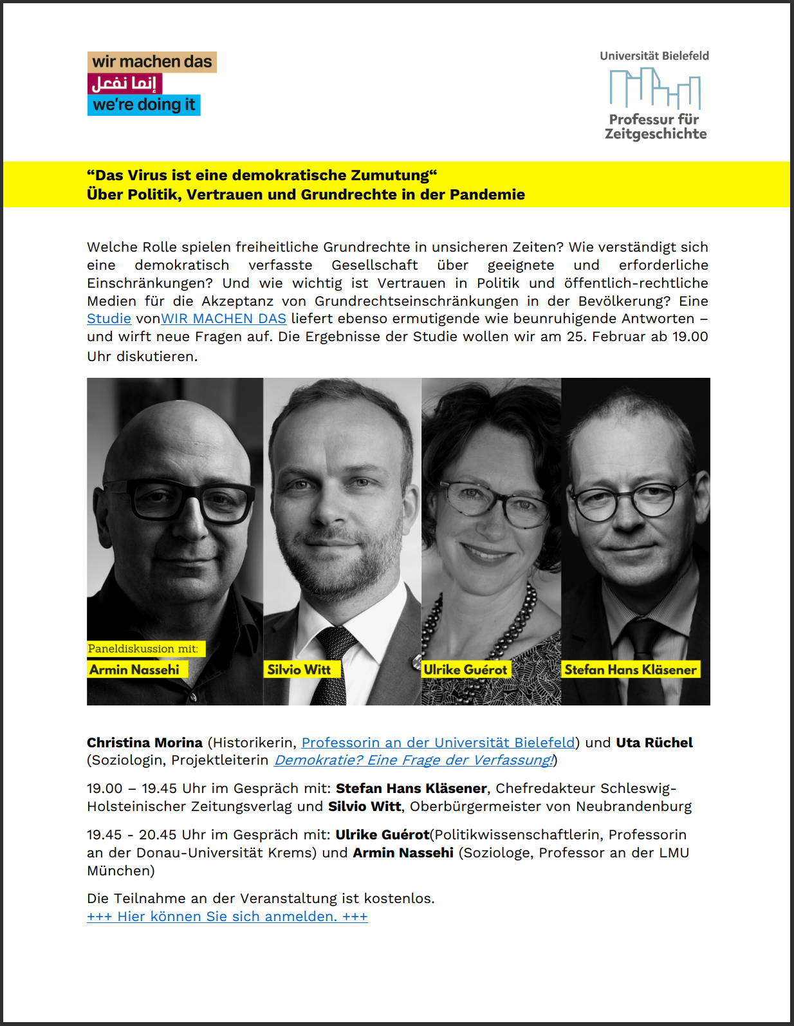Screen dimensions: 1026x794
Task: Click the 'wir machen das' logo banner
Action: click(152, 62)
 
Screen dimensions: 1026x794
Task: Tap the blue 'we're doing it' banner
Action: click(143, 105)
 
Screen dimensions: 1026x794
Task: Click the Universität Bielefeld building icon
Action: click(654, 88)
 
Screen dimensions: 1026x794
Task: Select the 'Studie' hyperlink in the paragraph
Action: click(109, 319)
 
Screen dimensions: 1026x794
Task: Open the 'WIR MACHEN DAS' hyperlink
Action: click(223, 319)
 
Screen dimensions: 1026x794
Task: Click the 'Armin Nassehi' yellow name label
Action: click(134, 669)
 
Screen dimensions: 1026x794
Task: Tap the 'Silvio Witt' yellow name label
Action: click(299, 669)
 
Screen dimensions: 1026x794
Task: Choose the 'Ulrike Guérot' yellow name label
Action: click(465, 669)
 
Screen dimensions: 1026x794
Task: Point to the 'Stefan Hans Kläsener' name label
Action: click(630, 669)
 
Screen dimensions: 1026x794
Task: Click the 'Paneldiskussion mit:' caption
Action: click(143, 649)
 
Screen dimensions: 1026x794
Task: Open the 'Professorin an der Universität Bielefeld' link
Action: click(438, 743)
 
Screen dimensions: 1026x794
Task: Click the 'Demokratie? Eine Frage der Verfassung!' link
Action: click(414, 760)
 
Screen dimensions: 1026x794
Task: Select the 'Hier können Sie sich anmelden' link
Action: click(227, 917)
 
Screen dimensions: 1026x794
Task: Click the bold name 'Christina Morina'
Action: click(145, 743)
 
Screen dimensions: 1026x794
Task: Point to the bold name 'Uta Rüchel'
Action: click(654, 743)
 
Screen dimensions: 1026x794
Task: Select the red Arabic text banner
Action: click(124, 84)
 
